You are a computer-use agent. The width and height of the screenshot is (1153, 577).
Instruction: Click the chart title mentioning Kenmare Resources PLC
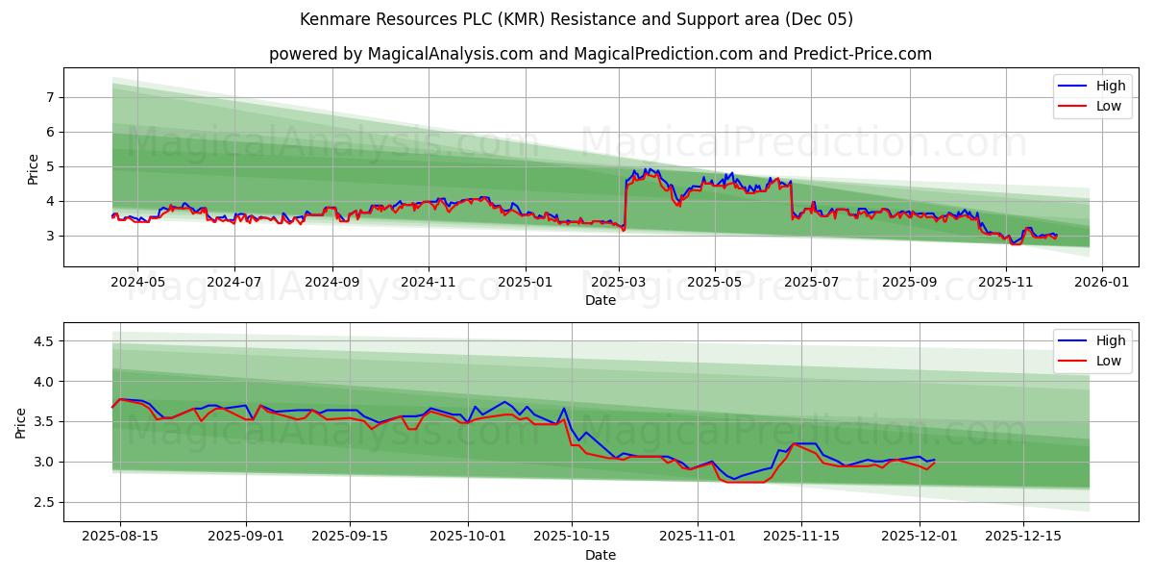pos(576,19)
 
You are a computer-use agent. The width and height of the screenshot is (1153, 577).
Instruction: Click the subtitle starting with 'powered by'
pos(600,54)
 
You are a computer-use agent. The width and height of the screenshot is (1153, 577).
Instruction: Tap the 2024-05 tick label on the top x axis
pos(136,283)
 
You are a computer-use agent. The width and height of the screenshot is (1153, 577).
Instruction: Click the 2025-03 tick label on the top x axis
pos(619,283)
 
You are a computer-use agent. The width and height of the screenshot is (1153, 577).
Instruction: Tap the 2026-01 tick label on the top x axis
pos(1101,283)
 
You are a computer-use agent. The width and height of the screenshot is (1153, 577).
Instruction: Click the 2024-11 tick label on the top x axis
pos(428,283)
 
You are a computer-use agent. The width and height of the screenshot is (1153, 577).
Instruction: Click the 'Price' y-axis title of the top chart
pos(34,170)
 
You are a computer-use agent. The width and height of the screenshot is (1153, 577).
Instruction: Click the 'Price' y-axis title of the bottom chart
pos(21,422)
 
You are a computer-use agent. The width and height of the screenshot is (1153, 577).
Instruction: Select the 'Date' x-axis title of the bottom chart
pos(600,556)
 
